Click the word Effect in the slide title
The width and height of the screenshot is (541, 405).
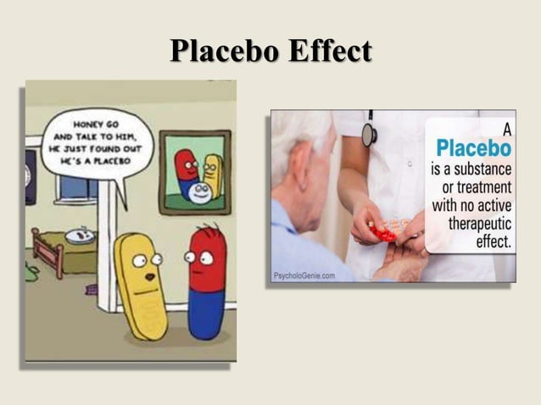pyautogui.click(x=329, y=51)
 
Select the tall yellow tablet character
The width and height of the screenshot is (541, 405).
pyautogui.click(x=143, y=284)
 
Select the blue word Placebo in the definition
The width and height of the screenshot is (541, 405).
pyautogui.click(x=468, y=149)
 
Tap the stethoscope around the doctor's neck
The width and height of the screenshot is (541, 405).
pyautogui.click(x=370, y=130)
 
